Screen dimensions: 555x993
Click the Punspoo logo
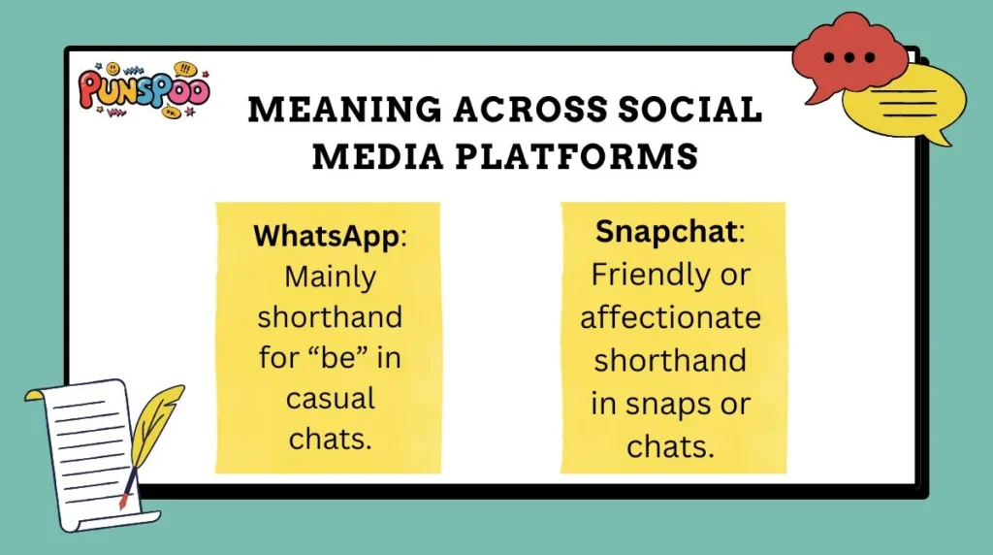point(144,90)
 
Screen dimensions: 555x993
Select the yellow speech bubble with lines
point(898,102)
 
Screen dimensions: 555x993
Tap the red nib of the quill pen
point(123,500)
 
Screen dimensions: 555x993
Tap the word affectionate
point(671,317)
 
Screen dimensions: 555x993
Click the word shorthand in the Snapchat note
point(671,360)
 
